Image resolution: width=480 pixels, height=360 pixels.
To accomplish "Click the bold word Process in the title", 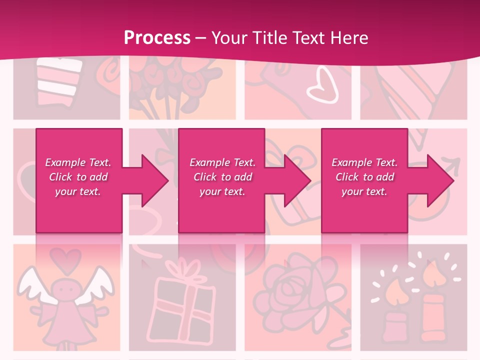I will point(157,37).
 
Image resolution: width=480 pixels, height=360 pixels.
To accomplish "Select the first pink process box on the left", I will point(79,210).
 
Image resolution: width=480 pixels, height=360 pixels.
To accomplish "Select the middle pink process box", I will point(221,210).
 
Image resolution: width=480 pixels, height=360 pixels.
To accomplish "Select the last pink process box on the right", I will point(364,210).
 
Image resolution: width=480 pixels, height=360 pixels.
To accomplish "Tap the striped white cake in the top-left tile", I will point(59,80).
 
